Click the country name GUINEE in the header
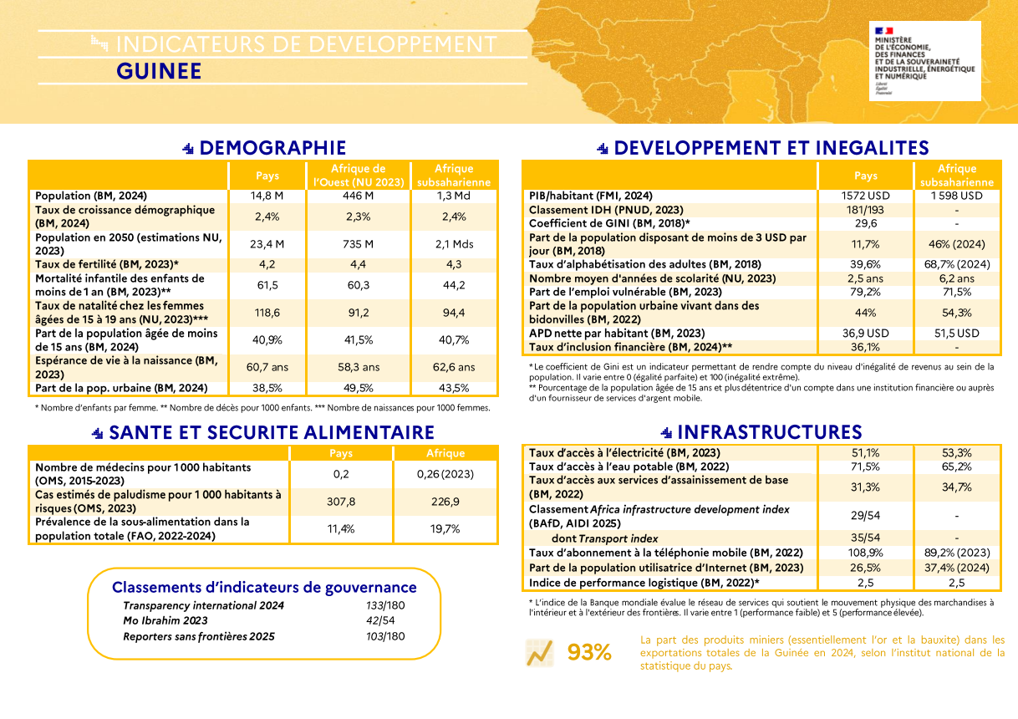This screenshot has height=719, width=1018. pos(159,71)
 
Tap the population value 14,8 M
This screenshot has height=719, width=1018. pos(267,196)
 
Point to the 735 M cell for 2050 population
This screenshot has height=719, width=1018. pos(359,244)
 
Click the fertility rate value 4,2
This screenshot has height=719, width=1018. pos(267,264)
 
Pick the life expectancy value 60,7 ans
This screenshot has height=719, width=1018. pos(267,367)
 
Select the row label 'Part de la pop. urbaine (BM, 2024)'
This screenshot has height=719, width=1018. pos(121,388)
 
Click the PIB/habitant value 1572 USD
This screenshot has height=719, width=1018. pos(866,196)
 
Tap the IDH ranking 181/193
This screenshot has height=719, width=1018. pos(866,210)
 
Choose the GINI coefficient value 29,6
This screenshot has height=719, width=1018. pos(866,223)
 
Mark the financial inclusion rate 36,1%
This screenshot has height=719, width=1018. pos(866,347)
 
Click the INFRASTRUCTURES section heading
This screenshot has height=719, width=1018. pos(769,432)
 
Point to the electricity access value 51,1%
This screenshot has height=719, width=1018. pos(866,452)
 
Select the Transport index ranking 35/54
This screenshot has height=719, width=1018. pos(866,538)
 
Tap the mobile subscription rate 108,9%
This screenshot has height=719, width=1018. pos(866,553)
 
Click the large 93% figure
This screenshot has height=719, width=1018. pos(589,653)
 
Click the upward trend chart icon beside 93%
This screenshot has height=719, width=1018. pos(539,653)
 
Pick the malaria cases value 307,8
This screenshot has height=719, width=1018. pos(340,502)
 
